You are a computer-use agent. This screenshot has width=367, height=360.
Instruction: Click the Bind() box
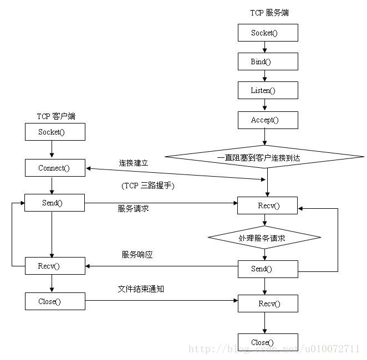point(268,61)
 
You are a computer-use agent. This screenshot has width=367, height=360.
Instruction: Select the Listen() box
point(268,90)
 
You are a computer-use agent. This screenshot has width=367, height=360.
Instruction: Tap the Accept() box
point(268,120)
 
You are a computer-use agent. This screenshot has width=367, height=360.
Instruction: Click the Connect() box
point(55,168)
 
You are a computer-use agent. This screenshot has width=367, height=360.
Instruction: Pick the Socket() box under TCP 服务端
point(268,33)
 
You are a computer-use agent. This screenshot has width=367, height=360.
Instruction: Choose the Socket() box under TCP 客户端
point(55,132)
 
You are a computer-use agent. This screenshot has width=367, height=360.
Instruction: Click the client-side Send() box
point(55,203)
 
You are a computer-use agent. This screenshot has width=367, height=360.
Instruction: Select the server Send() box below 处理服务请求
point(268,269)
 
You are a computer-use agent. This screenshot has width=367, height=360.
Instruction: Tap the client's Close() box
point(55,301)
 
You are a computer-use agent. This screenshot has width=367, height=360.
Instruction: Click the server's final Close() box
point(268,342)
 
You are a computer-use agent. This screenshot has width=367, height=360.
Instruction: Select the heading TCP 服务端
point(269,13)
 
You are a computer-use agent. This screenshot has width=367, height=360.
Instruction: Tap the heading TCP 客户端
point(56,116)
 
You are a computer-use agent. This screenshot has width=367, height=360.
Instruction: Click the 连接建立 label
point(133,163)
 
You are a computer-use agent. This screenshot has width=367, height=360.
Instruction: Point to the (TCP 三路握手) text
point(148,186)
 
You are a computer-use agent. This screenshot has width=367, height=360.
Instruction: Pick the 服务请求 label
point(133,209)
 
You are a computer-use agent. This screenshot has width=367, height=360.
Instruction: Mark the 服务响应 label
point(137,255)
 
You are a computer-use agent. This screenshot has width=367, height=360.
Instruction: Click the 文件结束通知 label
point(141,289)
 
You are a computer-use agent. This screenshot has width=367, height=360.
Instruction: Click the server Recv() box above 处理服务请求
point(268,206)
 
